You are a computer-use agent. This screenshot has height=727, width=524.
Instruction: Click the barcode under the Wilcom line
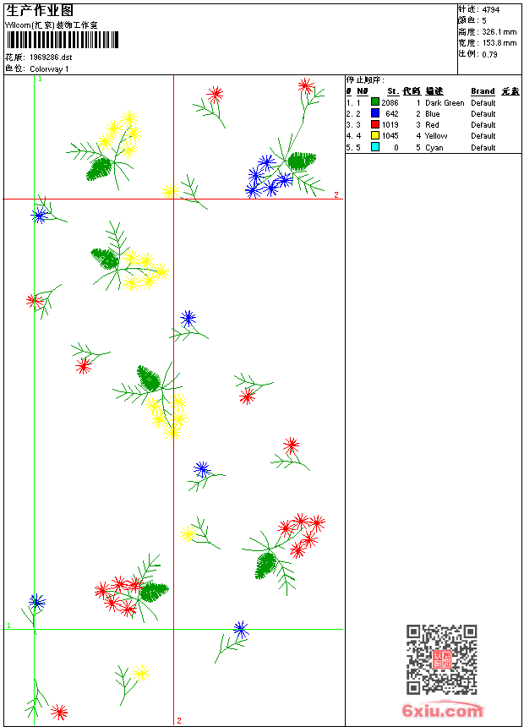point(63,40)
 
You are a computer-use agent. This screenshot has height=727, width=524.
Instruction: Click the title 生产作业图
point(40,10)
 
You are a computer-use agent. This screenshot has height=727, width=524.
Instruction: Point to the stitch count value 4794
point(490,9)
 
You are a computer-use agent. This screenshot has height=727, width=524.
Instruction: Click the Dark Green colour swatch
point(375,102)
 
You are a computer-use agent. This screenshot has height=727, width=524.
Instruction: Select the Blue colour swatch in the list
point(375,113)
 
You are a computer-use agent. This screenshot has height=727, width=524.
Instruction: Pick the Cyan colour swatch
point(375,147)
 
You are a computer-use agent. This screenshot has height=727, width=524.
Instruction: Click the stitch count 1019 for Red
point(390,125)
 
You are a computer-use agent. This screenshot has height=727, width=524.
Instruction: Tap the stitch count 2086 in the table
point(390,103)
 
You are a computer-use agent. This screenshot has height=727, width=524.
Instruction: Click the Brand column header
point(483,91)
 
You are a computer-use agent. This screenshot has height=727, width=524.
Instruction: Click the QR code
point(441,659)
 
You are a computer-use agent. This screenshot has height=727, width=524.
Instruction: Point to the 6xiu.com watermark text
point(442,712)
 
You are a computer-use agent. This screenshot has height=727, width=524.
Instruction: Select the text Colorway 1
point(50,68)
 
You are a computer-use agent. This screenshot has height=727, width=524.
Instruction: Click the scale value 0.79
point(489,54)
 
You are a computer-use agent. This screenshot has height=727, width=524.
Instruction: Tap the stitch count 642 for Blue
point(391,114)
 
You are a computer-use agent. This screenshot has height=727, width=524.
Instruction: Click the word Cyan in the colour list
point(434,147)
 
